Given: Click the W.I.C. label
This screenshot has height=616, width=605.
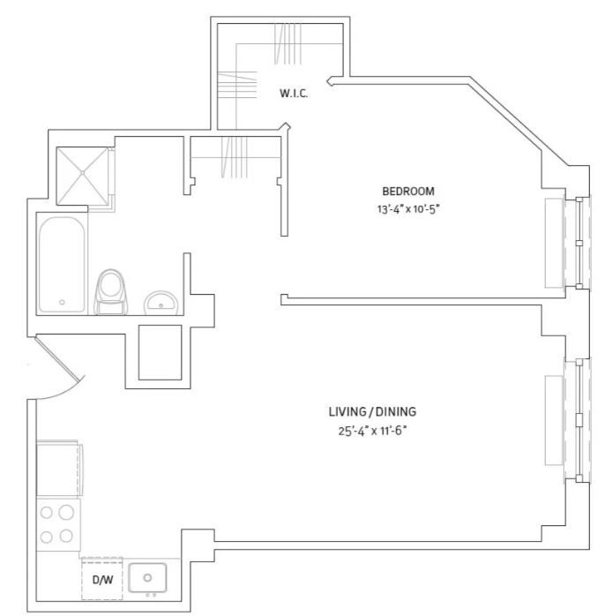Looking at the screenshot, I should [294, 94].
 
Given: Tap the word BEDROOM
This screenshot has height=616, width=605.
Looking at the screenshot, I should [407, 192].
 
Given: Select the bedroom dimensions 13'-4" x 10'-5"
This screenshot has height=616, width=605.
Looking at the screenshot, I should [407, 210].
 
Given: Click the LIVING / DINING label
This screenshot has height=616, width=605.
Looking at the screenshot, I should [371, 412].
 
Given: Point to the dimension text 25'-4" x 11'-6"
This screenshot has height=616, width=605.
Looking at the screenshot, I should [371, 431].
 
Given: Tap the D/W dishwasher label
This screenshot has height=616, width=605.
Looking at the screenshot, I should [101, 580].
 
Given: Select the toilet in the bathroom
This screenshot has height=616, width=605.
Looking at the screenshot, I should [110, 290].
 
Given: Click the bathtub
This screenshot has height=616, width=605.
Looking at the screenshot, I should [62, 263].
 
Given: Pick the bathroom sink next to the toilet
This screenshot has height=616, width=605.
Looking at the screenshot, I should [161, 302].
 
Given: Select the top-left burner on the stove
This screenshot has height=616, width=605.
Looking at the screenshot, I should [47, 511].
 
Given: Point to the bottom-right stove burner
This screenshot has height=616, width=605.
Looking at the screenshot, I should [67, 535].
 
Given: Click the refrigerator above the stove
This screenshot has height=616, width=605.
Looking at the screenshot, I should [58, 469].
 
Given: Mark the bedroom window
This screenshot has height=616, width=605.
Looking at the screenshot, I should [579, 243].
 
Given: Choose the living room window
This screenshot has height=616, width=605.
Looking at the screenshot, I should [579, 419].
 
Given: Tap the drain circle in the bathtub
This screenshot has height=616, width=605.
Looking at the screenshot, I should [62, 303].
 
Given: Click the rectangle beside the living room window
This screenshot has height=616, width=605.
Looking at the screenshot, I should [555, 419].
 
